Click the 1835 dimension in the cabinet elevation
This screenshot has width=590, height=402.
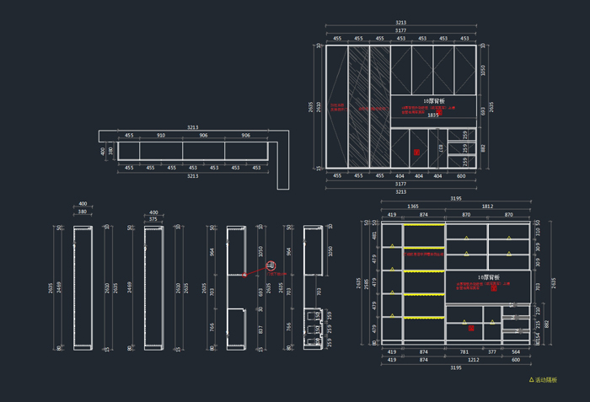point(432,115)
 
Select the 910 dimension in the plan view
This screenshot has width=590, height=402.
point(161,136)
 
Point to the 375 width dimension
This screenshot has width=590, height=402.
point(153,219)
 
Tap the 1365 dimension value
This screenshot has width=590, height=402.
point(413,206)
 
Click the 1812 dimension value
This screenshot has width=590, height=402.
point(487,206)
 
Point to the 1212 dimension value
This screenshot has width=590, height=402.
point(474,360)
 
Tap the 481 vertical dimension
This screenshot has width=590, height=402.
point(376,237)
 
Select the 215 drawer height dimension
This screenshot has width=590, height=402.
point(538,324)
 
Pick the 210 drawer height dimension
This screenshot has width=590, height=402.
point(538,310)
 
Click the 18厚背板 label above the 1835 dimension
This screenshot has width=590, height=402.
point(433,100)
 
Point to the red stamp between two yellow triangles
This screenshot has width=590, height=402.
point(494,289)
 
